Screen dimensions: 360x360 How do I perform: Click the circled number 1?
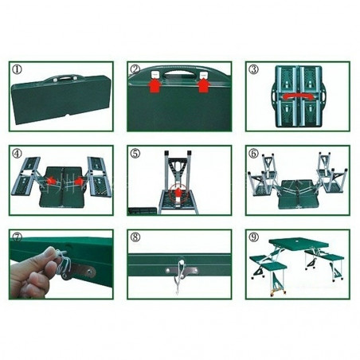click(x=18, y=70)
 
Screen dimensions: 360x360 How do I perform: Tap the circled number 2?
click(x=135, y=70)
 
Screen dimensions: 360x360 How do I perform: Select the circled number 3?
click(x=253, y=70)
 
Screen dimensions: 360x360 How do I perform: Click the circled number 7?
click(x=17, y=237)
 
